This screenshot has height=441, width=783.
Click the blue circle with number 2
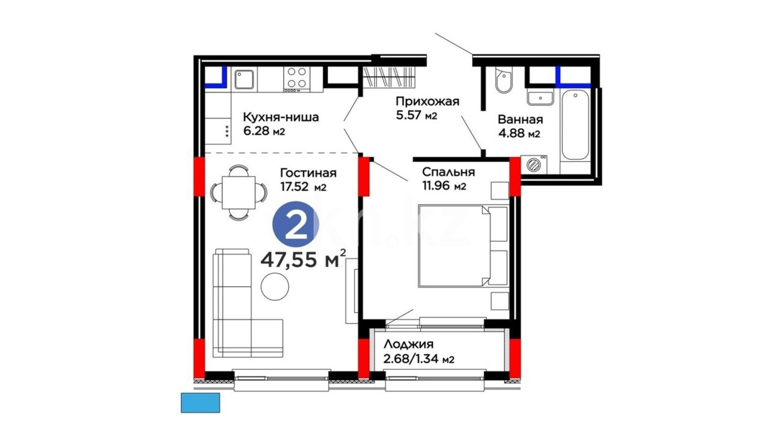(296, 224)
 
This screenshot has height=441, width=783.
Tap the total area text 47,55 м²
(303, 259)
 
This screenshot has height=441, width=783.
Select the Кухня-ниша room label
(281, 117)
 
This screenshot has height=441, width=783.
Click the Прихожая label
(428, 101)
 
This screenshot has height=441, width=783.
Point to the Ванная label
(521, 120)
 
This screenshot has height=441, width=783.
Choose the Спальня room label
(448, 172)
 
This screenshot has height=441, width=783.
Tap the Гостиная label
(308, 173)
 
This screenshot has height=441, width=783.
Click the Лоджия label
(409, 344)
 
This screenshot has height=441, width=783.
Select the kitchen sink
(244, 79)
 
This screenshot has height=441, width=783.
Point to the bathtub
(576, 125)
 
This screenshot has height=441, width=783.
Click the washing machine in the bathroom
(534, 164)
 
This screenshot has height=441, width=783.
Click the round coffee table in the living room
(275, 286)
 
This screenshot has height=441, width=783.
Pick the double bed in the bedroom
(463, 246)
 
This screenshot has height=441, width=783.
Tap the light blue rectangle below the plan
(200, 403)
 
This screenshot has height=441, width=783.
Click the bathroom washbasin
(540, 98)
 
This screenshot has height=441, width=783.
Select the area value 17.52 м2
(303, 187)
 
